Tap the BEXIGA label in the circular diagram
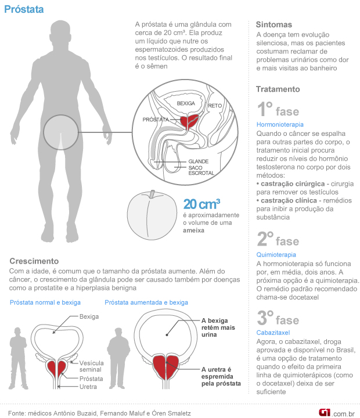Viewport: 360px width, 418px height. pos(186,102)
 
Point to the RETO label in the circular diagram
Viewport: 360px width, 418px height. pos(215,106)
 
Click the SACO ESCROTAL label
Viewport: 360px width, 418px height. pos(201,171)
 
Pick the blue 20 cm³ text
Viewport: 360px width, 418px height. pos(201,204)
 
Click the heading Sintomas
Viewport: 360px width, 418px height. pos(273,24)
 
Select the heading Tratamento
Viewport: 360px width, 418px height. pos(278,89)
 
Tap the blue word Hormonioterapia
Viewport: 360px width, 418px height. pos(280,124)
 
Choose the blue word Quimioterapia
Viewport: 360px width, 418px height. pos(276,254)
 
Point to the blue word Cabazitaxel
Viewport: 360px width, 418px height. pos(274,333)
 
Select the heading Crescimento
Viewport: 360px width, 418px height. pos(34,261)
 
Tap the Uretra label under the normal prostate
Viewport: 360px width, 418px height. pos(88,387)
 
